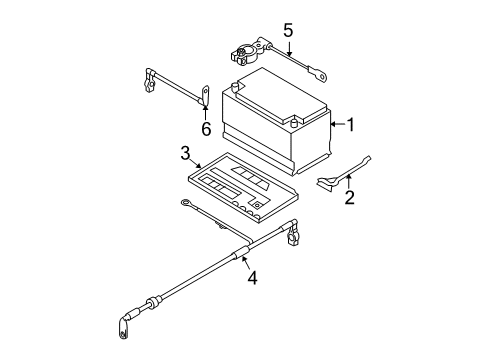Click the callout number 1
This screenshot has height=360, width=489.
tap(351, 125)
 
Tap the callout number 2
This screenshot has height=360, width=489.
tap(349, 197)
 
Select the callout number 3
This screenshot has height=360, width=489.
tap(185, 153)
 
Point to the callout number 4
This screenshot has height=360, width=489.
tap(252, 278)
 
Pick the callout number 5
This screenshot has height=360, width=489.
tap(288, 30)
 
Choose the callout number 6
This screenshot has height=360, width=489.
tap(206, 129)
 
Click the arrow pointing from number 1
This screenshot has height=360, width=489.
tap(338, 124)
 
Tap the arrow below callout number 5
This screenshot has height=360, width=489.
tap(289, 49)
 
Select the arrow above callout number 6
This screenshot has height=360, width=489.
tap(205, 112)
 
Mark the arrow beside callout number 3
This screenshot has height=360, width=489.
tap(196, 163)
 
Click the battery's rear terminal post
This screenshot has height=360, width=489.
tap(235, 87)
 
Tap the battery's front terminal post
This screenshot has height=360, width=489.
tap(294, 122)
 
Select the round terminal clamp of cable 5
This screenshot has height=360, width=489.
tap(243, 55)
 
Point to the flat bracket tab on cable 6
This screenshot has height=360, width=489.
tap(206, 96)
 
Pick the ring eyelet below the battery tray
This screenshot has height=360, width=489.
tap(186, 203)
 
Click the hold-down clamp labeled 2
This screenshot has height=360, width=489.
tap(343, 174)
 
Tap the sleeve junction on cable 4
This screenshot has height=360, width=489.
tap(241, 253)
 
